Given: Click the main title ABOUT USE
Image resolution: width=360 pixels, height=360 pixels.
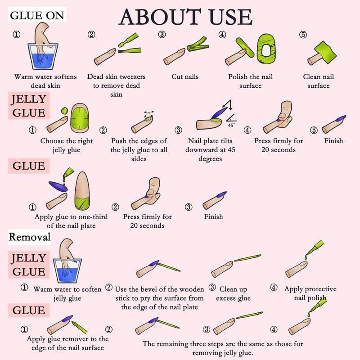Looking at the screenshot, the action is (x=185, y=17).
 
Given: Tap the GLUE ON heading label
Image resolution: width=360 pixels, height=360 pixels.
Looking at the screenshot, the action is (x=37, y=15).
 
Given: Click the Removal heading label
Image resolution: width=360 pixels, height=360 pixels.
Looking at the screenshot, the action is (x=30, y=237).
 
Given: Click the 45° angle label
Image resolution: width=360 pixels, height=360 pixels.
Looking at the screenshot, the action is (x=231, y=126).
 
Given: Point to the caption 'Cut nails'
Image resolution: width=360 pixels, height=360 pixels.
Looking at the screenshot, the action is (x=185, y=76).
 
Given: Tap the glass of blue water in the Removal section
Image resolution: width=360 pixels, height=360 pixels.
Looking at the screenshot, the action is (x=67, y=271).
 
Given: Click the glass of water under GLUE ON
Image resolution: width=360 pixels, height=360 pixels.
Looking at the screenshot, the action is (x=43, y=56).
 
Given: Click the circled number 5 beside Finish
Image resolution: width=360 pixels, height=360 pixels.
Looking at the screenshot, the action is (x=314, y=130).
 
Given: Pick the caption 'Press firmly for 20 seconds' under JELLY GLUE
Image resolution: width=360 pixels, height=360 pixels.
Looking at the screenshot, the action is (x=279, y=145).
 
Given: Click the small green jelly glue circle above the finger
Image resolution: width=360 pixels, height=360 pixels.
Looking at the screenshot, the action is (x=64, y=111).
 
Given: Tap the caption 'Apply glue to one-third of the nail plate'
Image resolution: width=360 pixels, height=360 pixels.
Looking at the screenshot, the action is (x=71, y=221).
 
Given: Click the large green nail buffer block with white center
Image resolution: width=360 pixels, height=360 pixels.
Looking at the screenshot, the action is (x=266, y=49).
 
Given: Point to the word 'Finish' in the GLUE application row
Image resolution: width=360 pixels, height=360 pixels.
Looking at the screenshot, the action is (x=213, y=216).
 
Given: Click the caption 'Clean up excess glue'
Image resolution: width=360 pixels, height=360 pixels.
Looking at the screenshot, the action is (x=233, y=294).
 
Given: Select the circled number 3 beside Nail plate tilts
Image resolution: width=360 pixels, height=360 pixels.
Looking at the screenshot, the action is (x=178, y=130).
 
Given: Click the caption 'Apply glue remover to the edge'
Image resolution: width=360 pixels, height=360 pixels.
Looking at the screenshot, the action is (x=67, y=343).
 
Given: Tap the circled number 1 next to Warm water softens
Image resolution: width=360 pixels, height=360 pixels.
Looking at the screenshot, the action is (x=16, y=35).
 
